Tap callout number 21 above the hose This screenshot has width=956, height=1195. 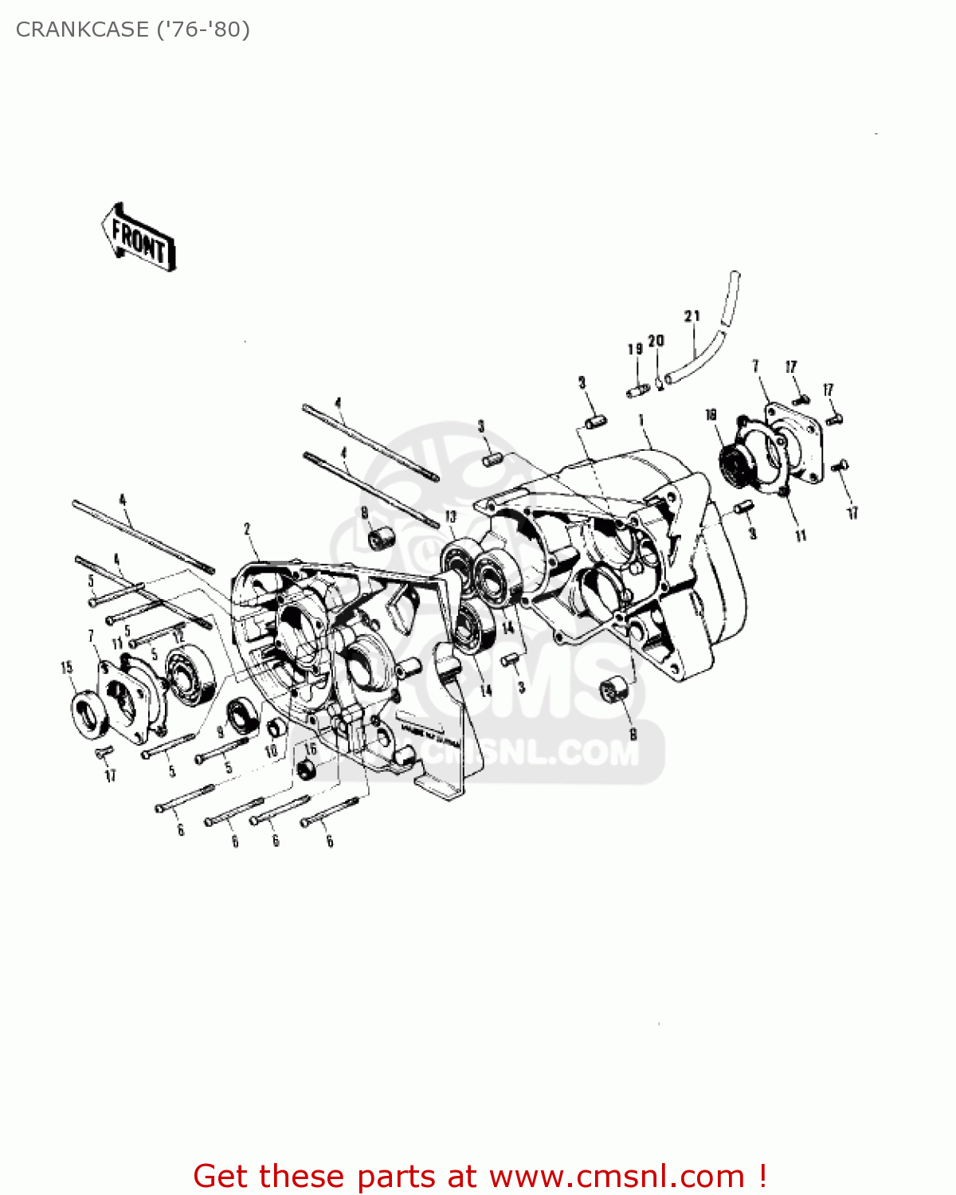point(692,316)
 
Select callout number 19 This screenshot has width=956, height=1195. point(635,349)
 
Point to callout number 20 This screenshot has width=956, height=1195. point(656,341)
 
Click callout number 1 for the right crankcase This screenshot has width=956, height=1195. point(641,419)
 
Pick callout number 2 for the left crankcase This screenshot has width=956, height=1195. point(247,529)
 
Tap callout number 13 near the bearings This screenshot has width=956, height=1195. point(451,517)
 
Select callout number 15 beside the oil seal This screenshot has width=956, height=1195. point(67,668)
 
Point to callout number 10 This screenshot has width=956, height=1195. point(271,750)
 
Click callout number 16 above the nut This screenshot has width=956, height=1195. point(311,749)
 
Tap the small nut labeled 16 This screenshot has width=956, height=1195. point(305,770)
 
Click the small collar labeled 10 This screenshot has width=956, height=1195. point(276,727)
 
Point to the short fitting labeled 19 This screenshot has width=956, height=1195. point(636,391)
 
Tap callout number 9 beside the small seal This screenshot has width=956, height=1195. point(221,732)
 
